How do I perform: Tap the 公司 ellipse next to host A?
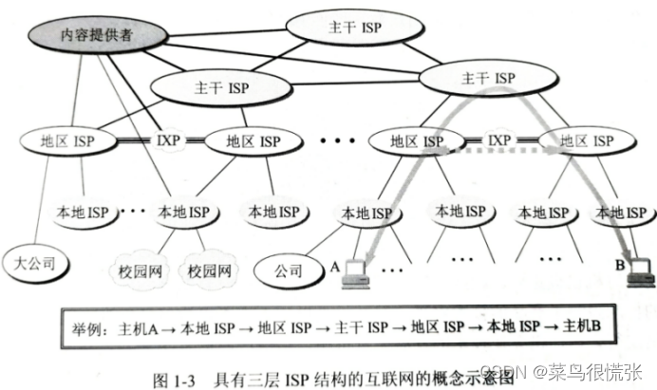point(289,269)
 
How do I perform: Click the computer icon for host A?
point(359,271)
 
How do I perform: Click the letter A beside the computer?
point(335,267)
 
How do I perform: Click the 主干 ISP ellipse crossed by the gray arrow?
point(485,78)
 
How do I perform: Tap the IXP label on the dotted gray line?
point(499,141)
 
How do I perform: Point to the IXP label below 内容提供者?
point(168,141)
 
